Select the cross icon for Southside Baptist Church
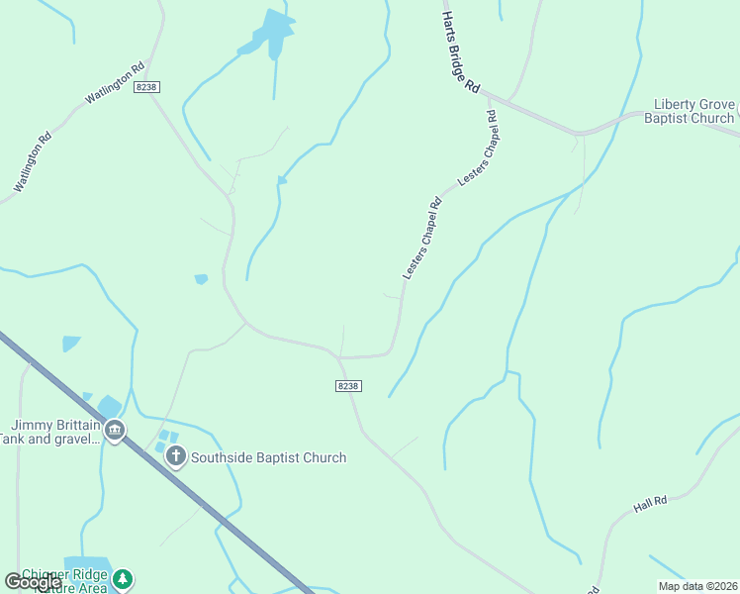pos(176,456)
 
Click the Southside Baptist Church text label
pos(268,457)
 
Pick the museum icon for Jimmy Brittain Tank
pos(115,431)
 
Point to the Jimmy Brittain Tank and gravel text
pos(49,431)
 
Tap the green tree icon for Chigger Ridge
pos(122,578)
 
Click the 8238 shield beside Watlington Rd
pos(147,87)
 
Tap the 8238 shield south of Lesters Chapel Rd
pos(347,385)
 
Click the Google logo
pos(32,582)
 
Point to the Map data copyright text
pos(697,585)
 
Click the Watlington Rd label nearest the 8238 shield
pos(115,83)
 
